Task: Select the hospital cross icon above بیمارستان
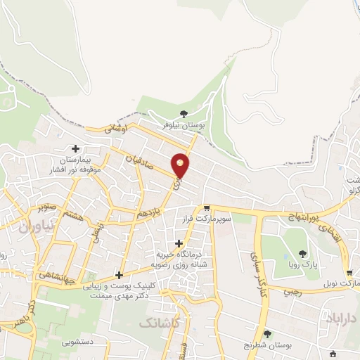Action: [x=76, y=148]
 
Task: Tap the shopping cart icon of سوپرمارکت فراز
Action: [x=207, y=208]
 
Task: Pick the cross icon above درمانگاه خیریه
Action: [x=179, y=243]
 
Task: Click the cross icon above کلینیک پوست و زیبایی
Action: [x=120, y=275]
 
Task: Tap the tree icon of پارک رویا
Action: [x=303, y=254]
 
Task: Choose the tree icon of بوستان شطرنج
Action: [x=266, y=334]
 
